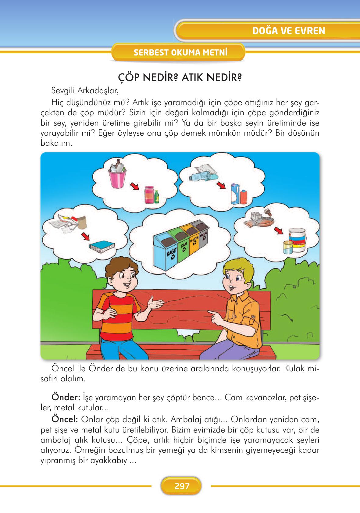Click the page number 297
(x=182, y=486)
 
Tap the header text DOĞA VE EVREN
(x=289, y=31)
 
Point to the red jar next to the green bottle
(x=149, y=194)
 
